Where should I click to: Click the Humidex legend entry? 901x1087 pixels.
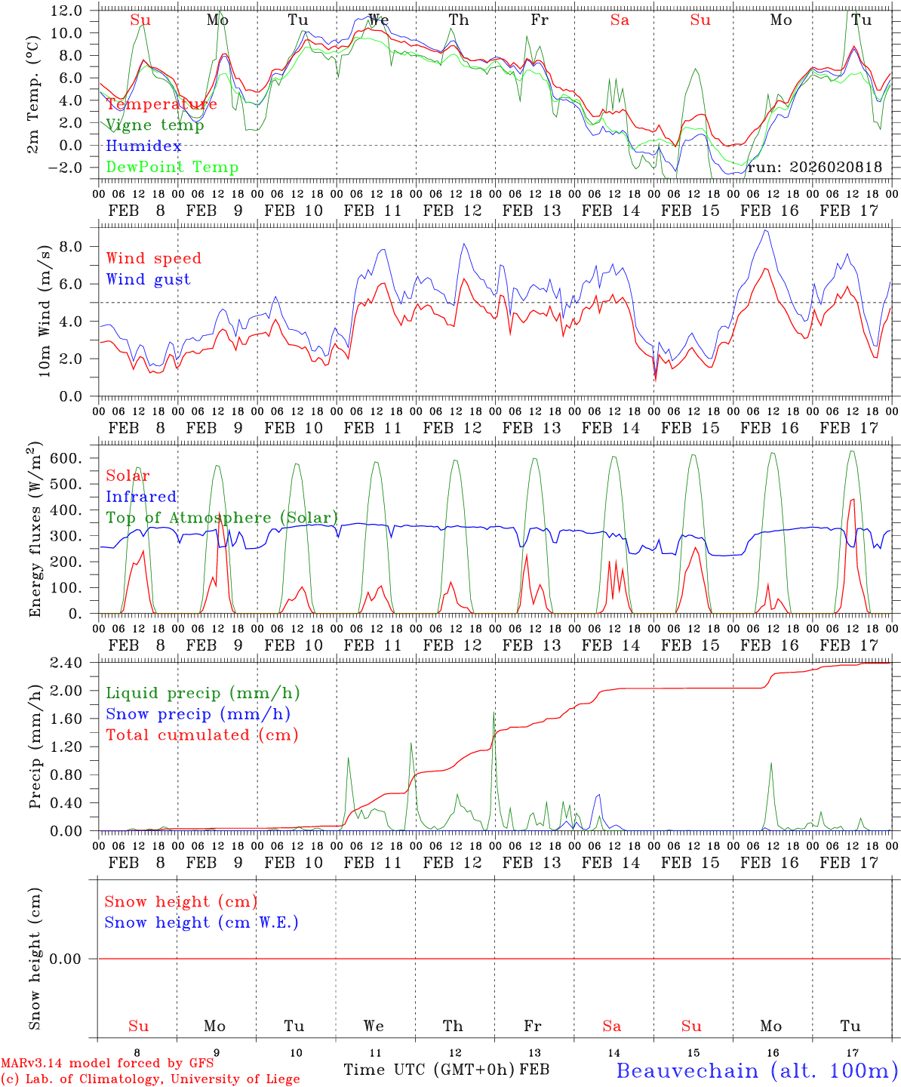click(143, 146)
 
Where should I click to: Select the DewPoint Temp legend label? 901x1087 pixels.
click(172, 168)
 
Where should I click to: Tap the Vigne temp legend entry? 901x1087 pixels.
click(155, 125)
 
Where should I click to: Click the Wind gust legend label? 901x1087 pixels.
click(148, 279)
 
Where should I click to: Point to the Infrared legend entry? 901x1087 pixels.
click(141, 497)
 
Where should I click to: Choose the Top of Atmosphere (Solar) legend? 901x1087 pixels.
click(222, 518)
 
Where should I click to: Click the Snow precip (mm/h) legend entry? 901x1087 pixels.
click(198, 714)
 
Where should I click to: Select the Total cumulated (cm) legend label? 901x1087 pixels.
click(201, 735)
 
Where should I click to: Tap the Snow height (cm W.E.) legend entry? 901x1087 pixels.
click(201, 922)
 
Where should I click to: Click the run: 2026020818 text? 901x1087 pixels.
click(814, 168)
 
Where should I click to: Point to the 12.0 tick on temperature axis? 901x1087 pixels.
click(66, 11)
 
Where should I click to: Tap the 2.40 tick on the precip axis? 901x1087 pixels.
click(66, 663)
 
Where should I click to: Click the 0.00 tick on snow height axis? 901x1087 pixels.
click(66, 959)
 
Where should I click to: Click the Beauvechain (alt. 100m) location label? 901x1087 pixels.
click(757, 1070)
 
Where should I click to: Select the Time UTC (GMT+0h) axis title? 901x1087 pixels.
click(429, 1070)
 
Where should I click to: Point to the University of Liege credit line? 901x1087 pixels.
click(151, 1079)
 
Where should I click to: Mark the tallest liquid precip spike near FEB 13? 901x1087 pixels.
click(494, 713)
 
